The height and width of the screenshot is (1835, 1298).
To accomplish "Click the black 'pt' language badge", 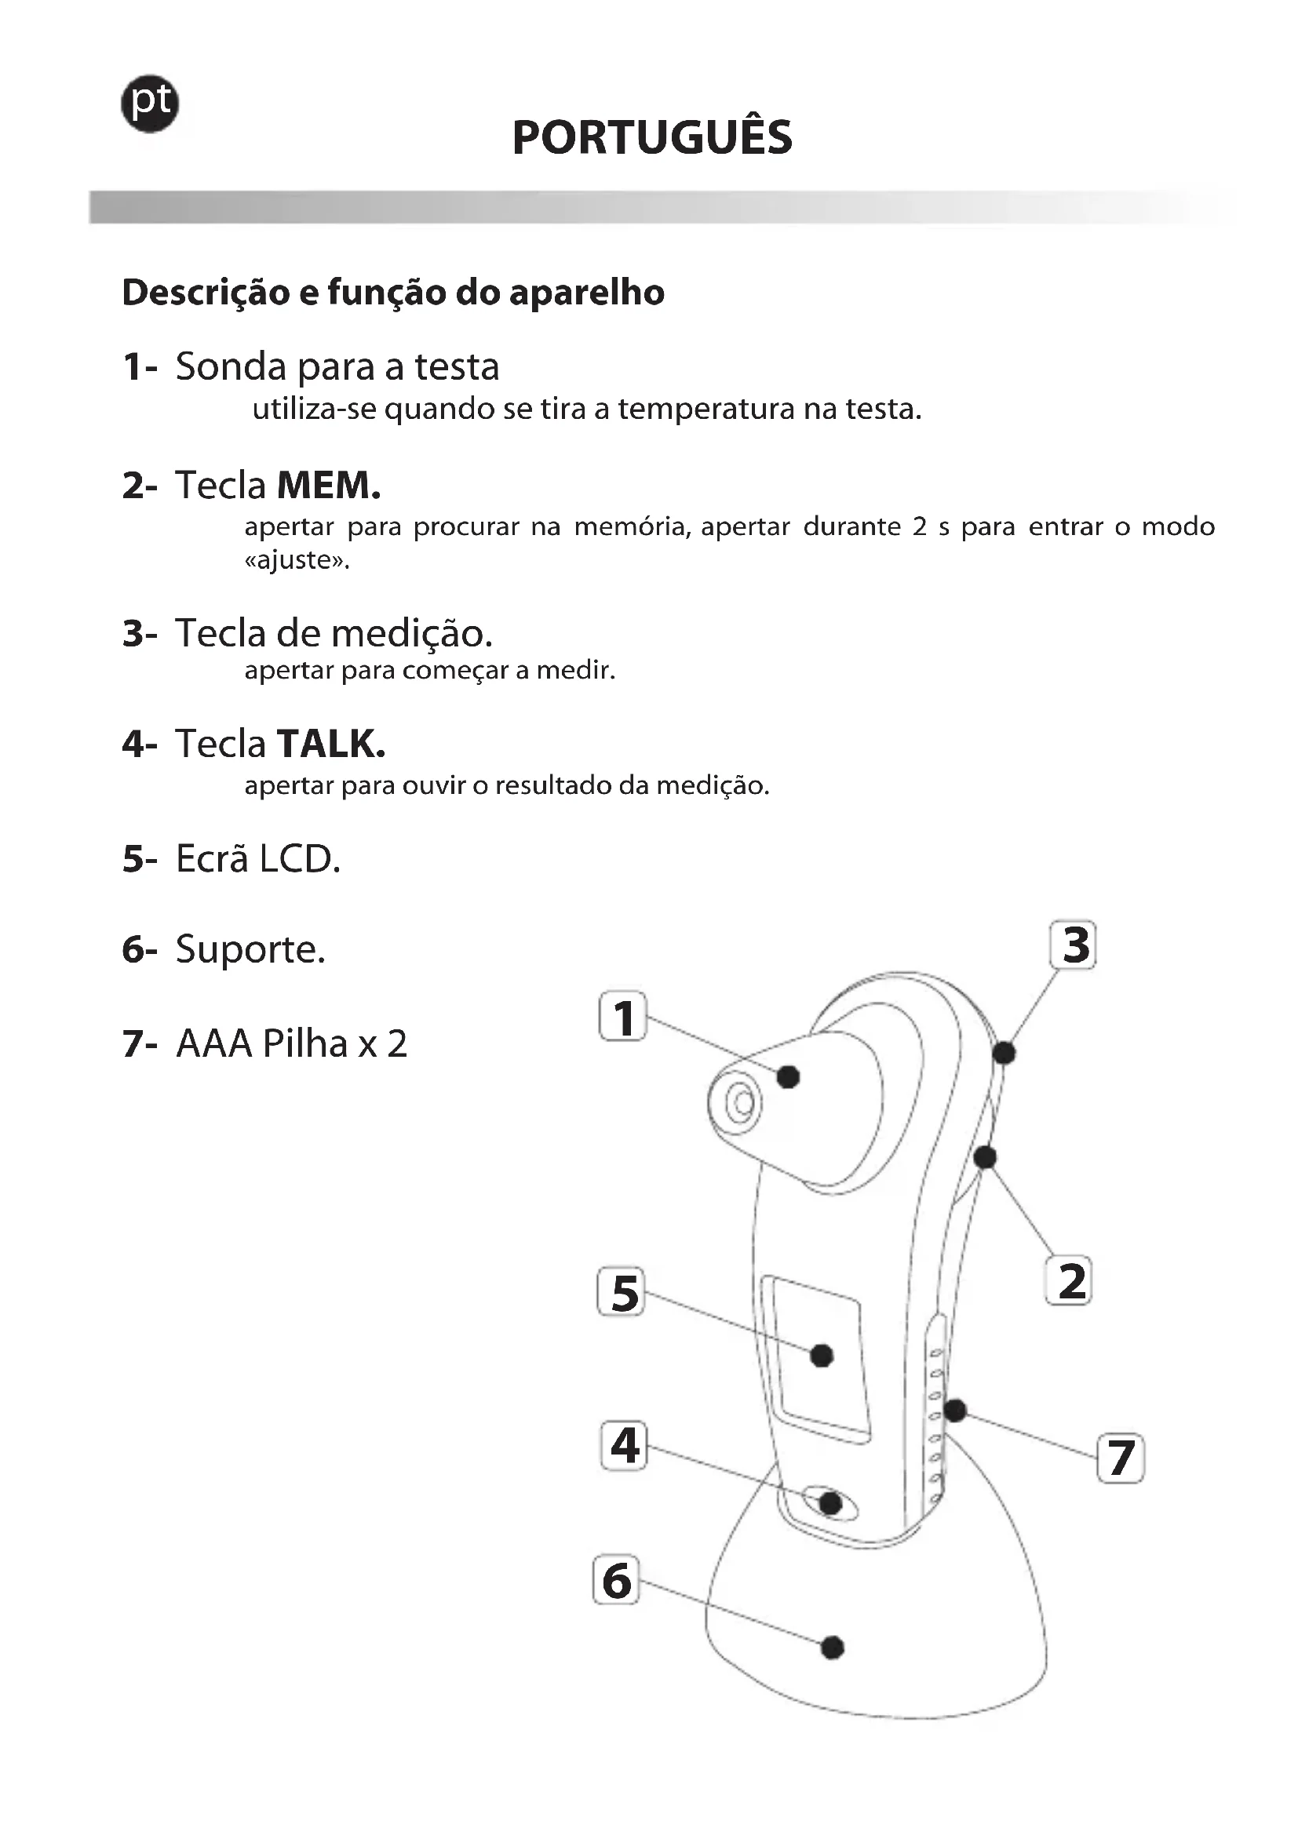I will point(149,104).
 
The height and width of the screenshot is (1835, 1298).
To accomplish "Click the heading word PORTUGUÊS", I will point(652,137).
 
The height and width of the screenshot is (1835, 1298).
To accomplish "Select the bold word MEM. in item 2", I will point(329,485).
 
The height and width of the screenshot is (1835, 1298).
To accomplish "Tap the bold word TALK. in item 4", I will point(331,744).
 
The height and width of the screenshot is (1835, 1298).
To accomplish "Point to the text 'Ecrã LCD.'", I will point(257,859).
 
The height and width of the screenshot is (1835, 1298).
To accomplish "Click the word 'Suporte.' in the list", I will point(250,949).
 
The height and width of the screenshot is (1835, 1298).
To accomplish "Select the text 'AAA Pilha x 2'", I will point(291,1043).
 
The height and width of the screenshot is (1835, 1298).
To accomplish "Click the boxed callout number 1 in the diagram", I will point(623,1017).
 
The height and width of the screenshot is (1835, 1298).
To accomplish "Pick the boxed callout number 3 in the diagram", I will point(1074,945).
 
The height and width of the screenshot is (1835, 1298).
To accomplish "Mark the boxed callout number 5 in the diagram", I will point(622,1292).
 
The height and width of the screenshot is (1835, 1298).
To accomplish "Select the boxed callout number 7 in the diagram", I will point(1121,1458).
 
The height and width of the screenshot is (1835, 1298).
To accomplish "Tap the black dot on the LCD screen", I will point(822,1356).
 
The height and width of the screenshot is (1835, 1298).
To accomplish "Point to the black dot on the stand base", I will point(832,1647).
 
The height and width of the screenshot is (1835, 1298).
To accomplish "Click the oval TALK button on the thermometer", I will point(829,1503).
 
